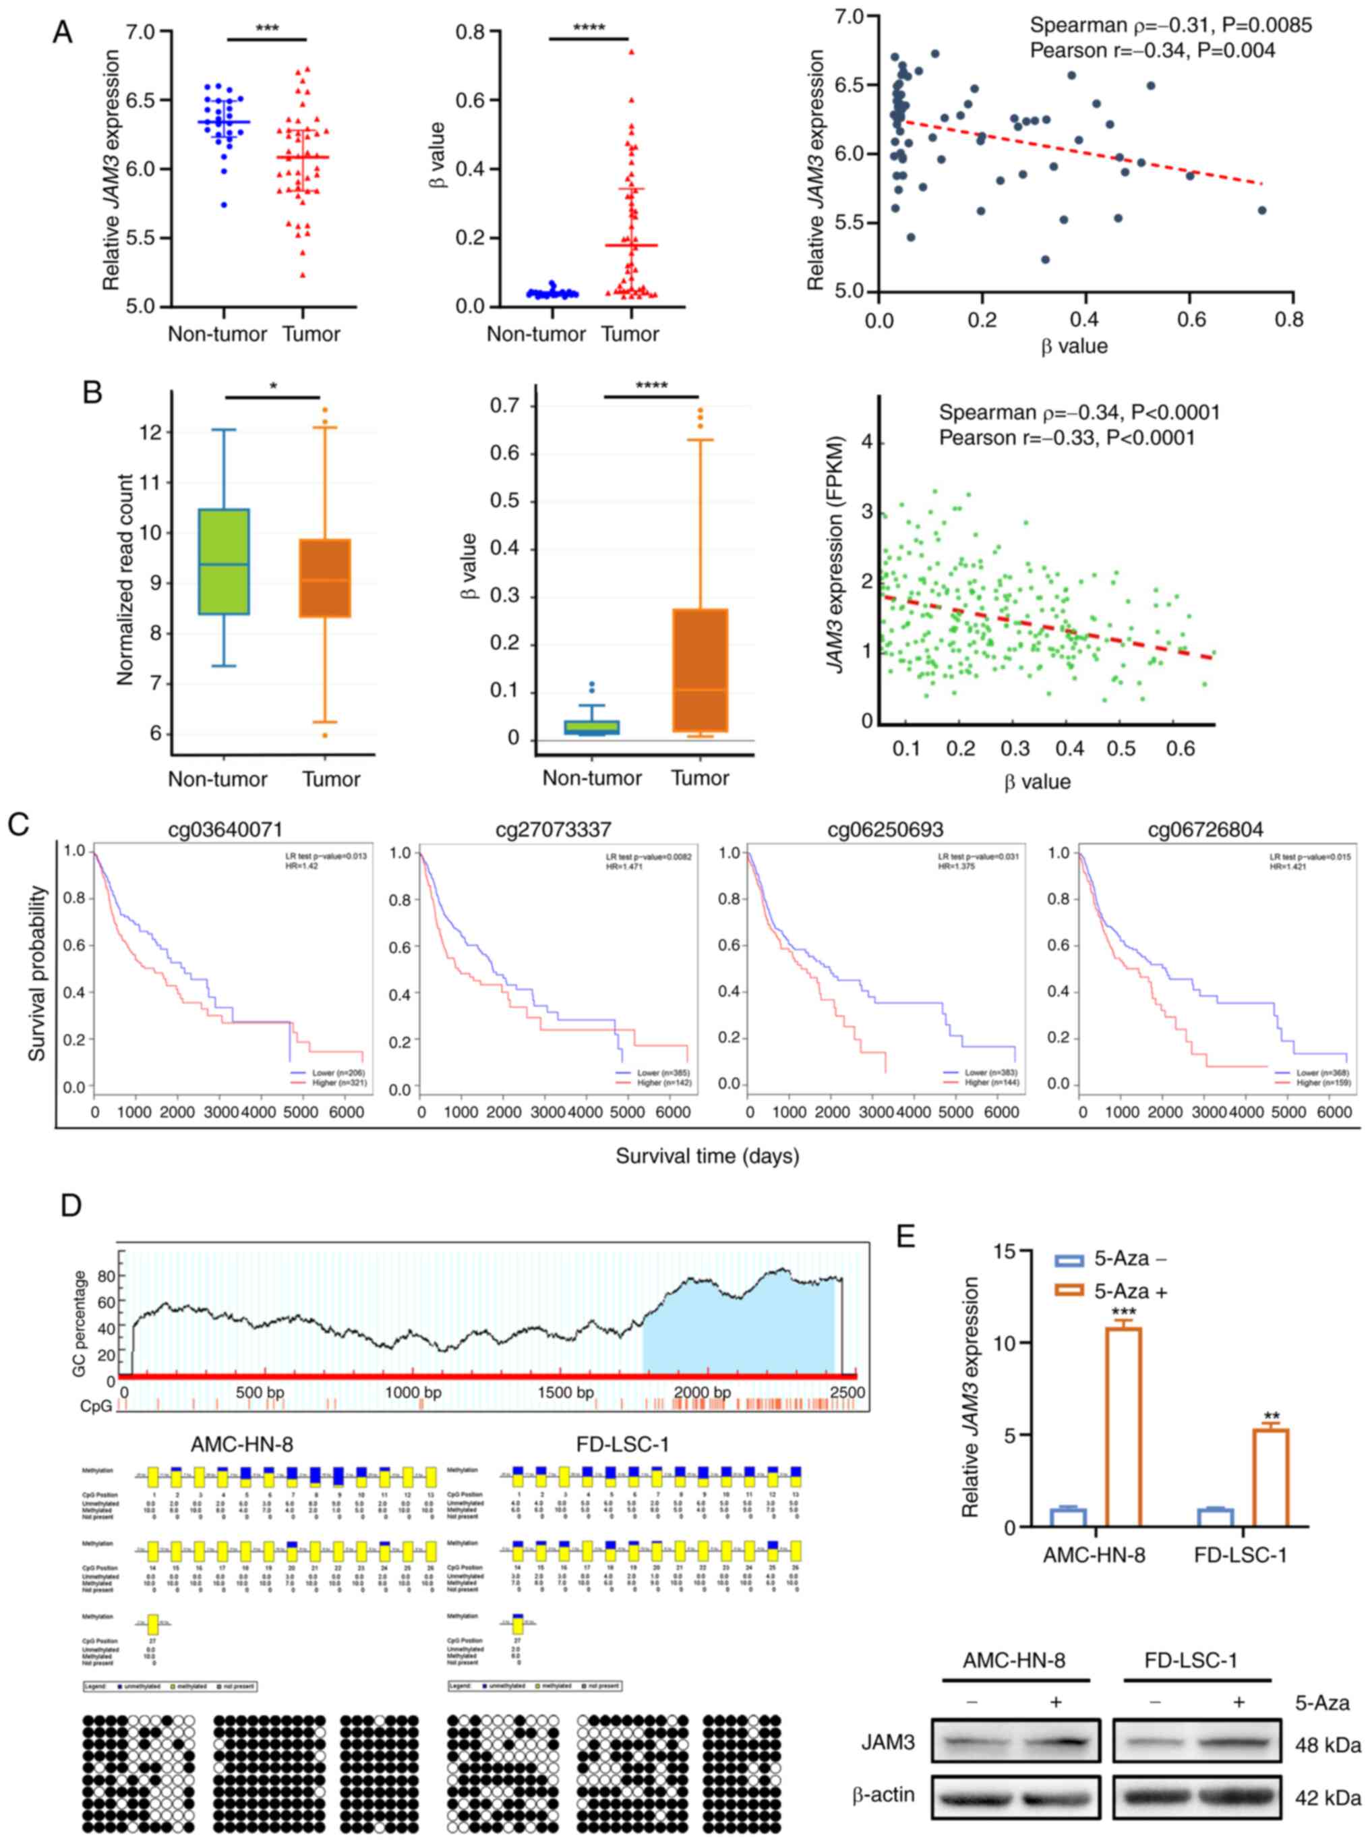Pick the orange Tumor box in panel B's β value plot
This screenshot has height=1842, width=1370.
click(x=701, y=670)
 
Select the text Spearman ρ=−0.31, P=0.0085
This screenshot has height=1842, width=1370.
click(x=1171, y=26)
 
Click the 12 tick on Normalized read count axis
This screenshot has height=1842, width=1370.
click(x=149, y=433)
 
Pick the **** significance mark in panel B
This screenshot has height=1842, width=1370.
click(x=651, y=386)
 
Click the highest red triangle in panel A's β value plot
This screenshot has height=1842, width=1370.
click(x=631, y=51)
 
